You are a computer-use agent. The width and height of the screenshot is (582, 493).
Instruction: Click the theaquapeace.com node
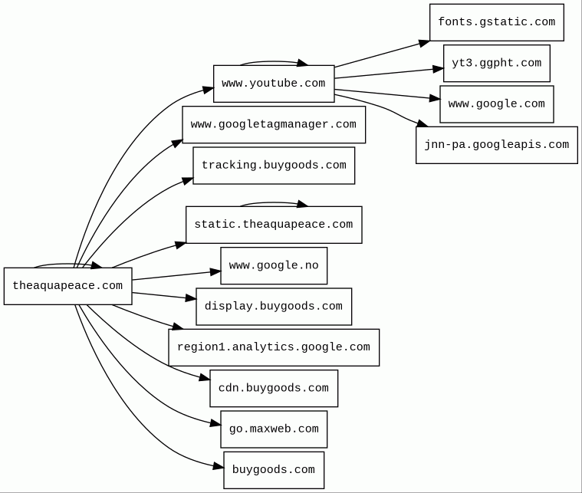67,286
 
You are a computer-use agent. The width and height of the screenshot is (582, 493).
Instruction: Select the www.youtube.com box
274,84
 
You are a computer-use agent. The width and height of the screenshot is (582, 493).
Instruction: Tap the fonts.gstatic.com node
496,22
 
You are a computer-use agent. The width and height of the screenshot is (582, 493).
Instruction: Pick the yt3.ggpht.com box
496,64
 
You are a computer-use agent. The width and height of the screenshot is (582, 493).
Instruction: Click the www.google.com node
496,104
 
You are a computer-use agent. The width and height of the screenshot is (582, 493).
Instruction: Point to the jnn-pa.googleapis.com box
496,145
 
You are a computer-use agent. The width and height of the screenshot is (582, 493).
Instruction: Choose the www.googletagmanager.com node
274,124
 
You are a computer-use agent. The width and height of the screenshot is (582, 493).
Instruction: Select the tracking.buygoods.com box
274,166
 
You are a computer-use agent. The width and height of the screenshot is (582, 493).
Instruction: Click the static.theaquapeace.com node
274,225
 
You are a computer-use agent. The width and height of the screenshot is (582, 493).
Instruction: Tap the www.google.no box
274,265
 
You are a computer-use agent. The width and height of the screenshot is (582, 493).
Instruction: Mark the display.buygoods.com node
274,307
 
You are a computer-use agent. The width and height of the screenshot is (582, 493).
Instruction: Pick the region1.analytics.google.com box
274,347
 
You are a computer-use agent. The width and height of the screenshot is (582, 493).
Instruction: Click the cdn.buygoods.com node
274,389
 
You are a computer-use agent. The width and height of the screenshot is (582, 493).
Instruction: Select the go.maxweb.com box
274,429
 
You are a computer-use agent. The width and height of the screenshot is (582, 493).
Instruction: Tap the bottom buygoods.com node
274,470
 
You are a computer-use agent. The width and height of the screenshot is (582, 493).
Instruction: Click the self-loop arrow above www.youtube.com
274,61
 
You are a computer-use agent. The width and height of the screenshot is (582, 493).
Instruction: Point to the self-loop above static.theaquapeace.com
274,202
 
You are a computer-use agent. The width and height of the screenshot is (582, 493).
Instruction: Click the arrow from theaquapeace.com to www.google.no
176,275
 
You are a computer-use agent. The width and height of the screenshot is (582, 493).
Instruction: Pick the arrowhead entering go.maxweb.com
215,422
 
